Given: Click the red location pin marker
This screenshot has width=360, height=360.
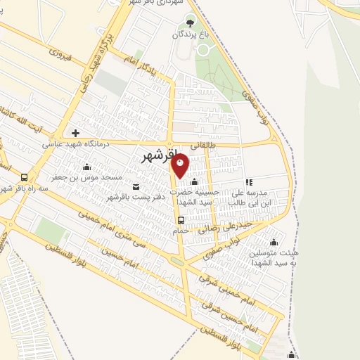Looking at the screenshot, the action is coord(181,166).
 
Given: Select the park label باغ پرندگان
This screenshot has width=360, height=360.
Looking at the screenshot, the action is coord(190,34).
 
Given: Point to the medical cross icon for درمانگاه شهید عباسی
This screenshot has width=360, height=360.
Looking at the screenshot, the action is coord(75,132).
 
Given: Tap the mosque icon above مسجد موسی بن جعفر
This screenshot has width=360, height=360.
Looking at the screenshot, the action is coord(86,167).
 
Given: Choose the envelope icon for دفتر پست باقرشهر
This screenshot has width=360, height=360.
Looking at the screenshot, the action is coord(136,187).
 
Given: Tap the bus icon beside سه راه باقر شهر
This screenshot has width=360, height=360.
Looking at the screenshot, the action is coord(25,177).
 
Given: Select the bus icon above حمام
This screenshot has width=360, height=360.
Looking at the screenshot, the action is coord(181,220).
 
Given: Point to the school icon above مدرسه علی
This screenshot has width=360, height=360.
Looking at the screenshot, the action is coord(249,182).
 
